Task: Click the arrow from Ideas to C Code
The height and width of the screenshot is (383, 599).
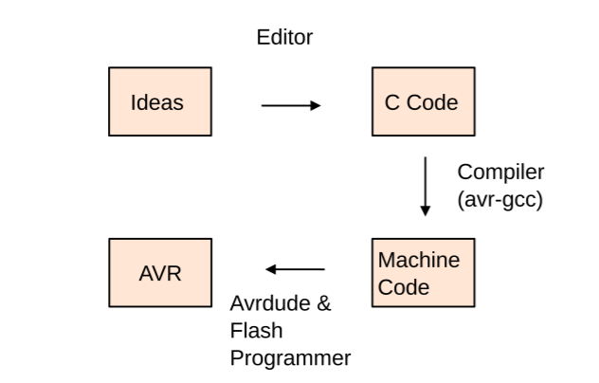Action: [x=290, y=105]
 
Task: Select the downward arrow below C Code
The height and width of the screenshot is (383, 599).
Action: [x=426, y=185]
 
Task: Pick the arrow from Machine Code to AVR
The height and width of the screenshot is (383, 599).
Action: [x=295, y=269]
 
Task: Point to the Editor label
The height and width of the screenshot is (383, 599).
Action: [x=284, y=39]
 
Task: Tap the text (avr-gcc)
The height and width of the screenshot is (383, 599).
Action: [x=499, y=199]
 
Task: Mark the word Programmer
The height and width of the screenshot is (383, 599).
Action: [x=291, y=358]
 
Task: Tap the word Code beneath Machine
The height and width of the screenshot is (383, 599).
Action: [x=399, y=286]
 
